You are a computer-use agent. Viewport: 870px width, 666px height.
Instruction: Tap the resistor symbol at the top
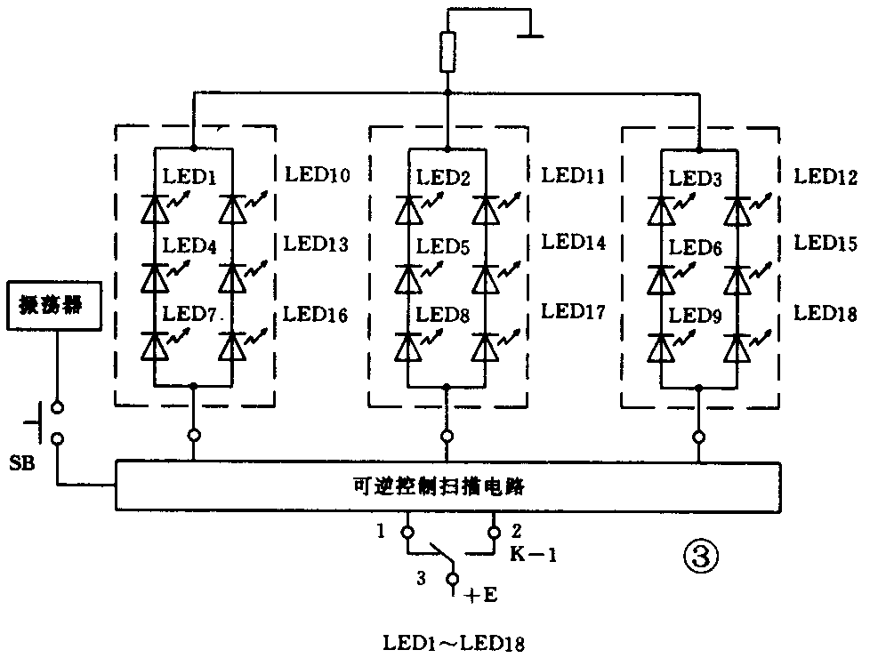[x=447, y=53]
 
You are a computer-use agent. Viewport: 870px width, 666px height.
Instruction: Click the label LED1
[x=190, y=176]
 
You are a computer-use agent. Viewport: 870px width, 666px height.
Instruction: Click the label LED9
[x=697, y=314]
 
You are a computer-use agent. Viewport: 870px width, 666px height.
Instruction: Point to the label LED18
[x=826, y=314]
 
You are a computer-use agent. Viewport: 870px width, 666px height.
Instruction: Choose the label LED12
[x=826, y=176]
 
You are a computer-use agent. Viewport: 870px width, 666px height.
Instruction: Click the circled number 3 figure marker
[x=699, y=558]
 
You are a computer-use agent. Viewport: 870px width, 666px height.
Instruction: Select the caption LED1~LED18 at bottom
[x=453, y=642]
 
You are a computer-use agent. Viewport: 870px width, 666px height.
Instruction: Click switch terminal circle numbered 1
[x=407, y=534]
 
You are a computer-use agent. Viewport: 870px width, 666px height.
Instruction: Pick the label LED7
[x=191, y=314]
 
